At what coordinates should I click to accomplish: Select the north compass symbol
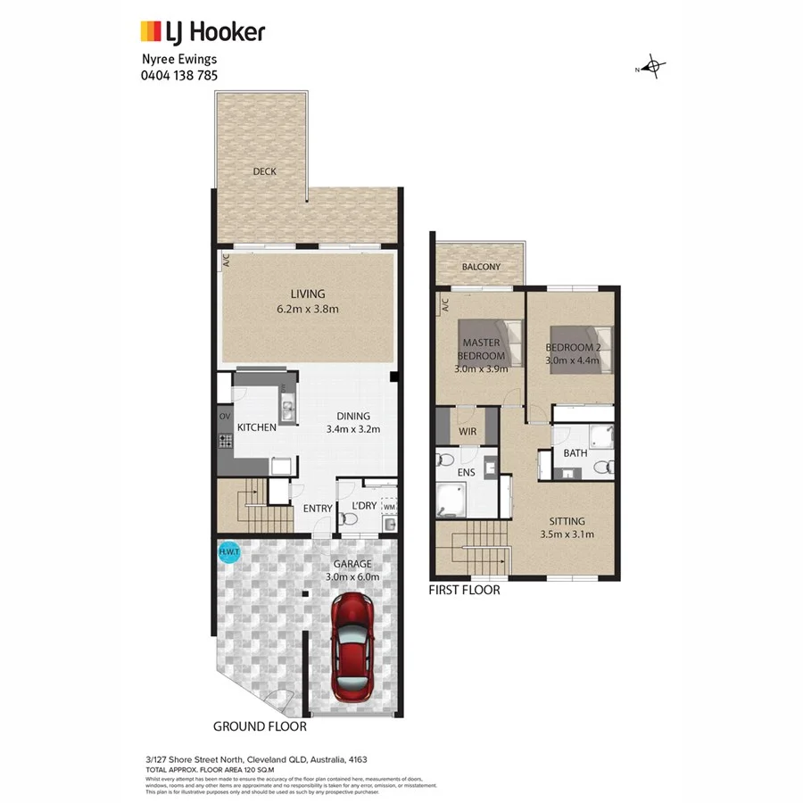(x=652, y=68)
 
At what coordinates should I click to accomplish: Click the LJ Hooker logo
(x=203, y=33)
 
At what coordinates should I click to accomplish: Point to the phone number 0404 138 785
(x=179, y=75)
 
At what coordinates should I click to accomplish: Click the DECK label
(x=263, y=172)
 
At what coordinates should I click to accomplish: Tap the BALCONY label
(x=481, y=267)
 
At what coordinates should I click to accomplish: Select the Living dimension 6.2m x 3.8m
(x=307, y=309)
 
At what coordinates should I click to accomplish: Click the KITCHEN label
(x=256, y=427)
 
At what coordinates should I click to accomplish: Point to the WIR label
(x=468, y=432)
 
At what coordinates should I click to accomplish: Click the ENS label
(x=467, y=472)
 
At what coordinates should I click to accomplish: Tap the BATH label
(x=575, y=453)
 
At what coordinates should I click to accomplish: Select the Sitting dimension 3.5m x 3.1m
(x=567, y=535)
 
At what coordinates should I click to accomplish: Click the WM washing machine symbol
(x=388, y=508)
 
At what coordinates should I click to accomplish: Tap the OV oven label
(x=224, y=417)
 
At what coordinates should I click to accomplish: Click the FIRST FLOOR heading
(x=464, y=590)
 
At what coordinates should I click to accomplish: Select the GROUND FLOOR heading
(x=260, y=726)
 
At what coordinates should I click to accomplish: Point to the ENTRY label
(x=318, y=509)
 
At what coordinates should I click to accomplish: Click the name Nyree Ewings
(x=179, y=60)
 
